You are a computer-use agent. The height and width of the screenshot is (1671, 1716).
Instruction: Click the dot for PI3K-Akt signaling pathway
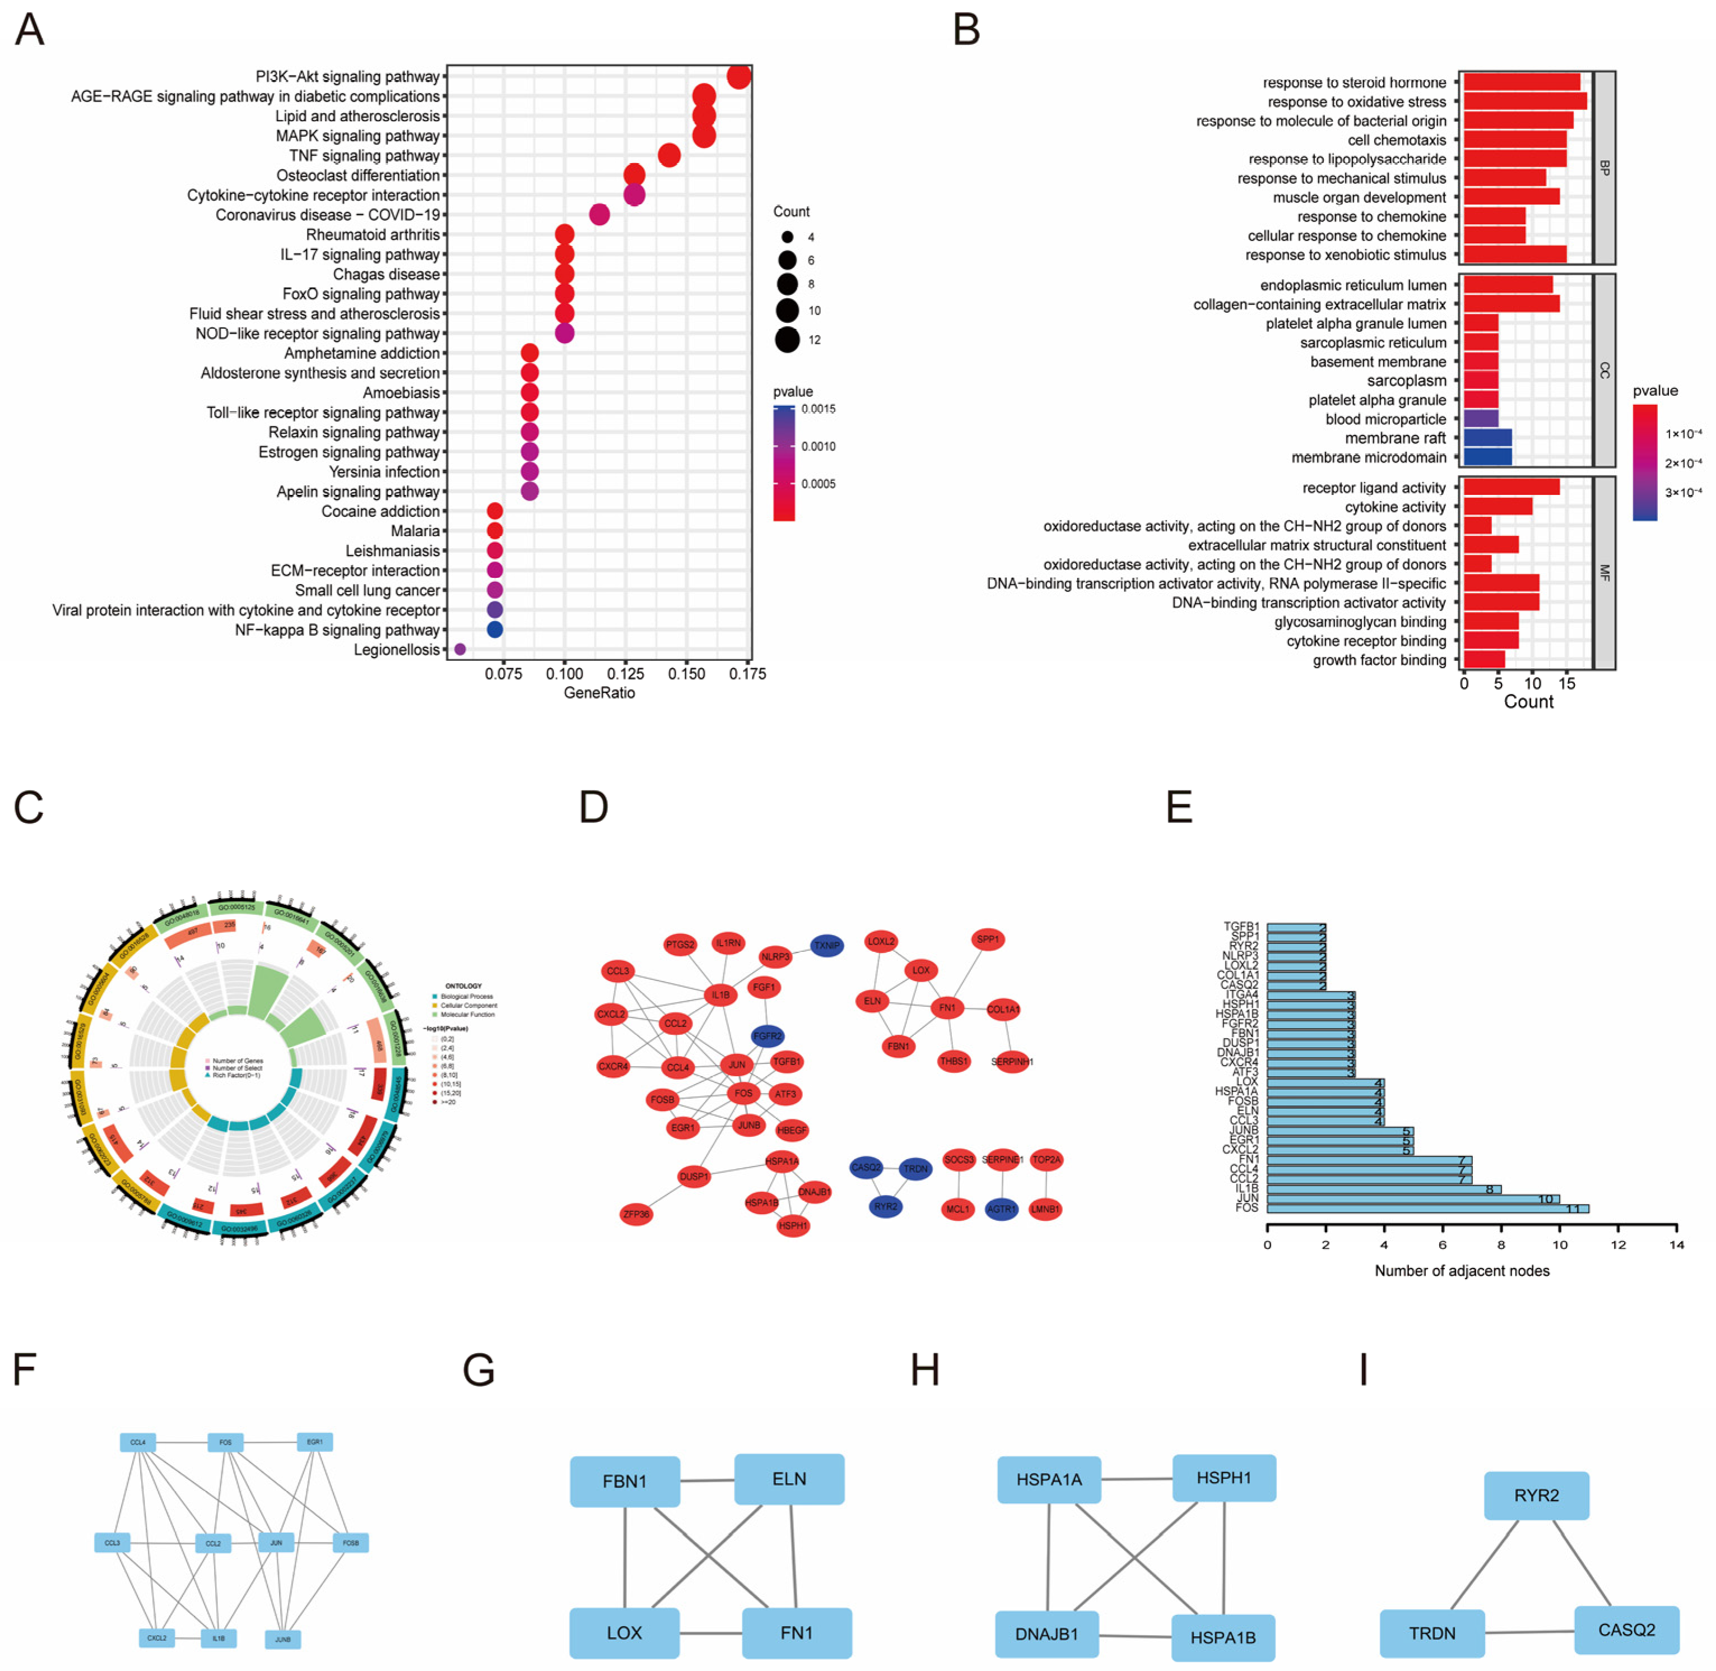(x=739, y=77)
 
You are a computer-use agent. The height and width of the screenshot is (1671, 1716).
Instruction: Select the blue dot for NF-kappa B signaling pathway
(x=494, y=629)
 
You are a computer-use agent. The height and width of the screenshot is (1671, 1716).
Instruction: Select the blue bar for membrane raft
(x=1486, y=438)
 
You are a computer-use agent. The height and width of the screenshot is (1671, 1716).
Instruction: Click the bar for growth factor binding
(x=1484, y=660)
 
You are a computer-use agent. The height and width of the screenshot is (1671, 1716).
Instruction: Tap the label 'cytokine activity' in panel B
(x=1395, y=507)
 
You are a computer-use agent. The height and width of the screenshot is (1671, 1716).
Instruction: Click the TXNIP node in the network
(x=826, y=945)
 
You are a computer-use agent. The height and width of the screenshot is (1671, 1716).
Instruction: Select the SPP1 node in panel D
(x=988, y=939)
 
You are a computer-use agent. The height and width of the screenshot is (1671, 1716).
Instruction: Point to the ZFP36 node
(x=636, y=1215)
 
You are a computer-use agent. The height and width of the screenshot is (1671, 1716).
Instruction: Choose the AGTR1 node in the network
(x=1001, y=1209)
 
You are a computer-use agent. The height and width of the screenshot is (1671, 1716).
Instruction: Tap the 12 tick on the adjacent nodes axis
(x=1619, y=1244)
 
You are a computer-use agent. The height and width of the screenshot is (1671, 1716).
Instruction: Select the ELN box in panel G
(x=789, y=1480)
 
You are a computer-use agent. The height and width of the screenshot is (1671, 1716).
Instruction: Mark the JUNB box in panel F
(x=282, y=1640)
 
